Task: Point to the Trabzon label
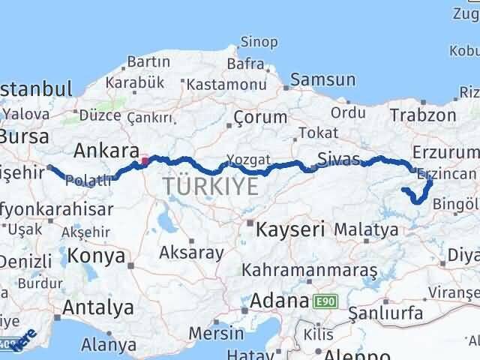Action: tap(423, 115)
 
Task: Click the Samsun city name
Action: tap(322, 79)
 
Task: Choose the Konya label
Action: tap(96, 256)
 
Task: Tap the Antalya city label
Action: tap(98, 307)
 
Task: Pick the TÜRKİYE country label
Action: tap(211, 186)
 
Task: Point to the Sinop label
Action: tap(259, 43)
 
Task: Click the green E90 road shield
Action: tap(326, 301)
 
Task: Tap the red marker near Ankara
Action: tap(145, 160)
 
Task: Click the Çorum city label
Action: tap(259, 117)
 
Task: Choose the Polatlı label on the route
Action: tap(89, 180)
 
